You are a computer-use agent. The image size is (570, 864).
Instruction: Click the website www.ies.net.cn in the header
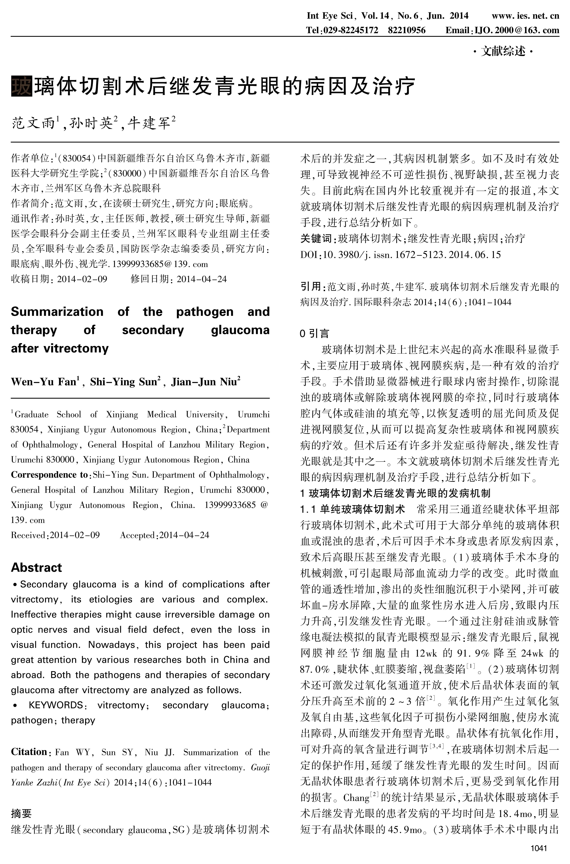(525, 16)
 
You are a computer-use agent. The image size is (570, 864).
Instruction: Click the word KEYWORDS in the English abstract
(56, 705)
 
